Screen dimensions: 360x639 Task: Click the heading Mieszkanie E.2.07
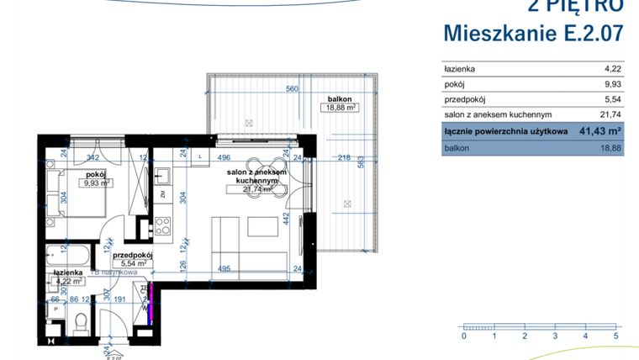pyautogui.click(x=533, y=34)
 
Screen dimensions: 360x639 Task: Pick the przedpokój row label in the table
pyautogui.click(x=465, y=99)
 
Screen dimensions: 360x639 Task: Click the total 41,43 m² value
pyautogui.click(x=599, y=131)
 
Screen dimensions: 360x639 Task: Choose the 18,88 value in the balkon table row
pyautogui.click(x=610, y=147)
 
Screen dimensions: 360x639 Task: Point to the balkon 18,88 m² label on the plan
pyautogui.click(x=343, y=103)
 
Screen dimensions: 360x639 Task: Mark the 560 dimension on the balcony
pyautogui.click(x=293, y=89)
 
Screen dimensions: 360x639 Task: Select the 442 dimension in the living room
pyautogui.click(x=286, y=220)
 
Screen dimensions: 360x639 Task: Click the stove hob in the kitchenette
pyautogui.click(x=162, y=225)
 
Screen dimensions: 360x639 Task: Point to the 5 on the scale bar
pyautogui.click(x=615, y=336)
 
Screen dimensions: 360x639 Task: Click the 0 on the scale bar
pyautogui.click(x=463, y=336)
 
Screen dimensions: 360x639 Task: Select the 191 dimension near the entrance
pyautogui.click(x=120, y=299)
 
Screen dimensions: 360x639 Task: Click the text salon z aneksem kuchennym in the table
pyautogui.click(x=497, y=114)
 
